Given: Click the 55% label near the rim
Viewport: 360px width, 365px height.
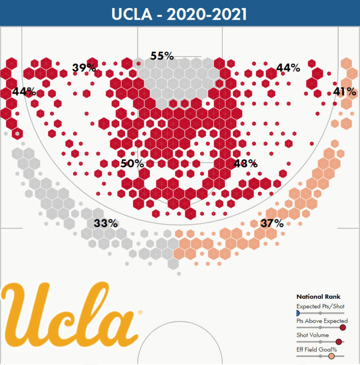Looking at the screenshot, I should coord(162,56).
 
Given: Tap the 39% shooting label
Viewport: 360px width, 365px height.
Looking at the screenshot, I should coord(84,68).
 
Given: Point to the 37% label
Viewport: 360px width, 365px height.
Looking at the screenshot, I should coord(272,223).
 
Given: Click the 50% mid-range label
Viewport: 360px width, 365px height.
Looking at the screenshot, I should coord(132,164).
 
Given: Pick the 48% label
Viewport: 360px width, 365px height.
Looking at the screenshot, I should coord(245,164).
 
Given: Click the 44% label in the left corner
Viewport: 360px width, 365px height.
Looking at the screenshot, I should coord(24,91).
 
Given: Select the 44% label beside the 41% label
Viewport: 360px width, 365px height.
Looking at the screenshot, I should coord(288,68).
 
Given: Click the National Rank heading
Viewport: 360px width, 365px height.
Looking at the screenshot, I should coord(318,297).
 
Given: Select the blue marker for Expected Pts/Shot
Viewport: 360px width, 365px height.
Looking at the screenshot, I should coord(297,313).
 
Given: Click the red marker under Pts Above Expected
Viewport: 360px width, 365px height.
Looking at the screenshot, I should coord(343,327).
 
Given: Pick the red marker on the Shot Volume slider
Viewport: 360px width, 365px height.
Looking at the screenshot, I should coord(339,342).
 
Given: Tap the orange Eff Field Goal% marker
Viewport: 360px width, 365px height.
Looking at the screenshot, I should coord(332,356).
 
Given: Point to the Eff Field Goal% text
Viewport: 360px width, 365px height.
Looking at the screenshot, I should coord(316,349).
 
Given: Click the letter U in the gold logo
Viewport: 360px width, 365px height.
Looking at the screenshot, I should coord(28,310).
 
